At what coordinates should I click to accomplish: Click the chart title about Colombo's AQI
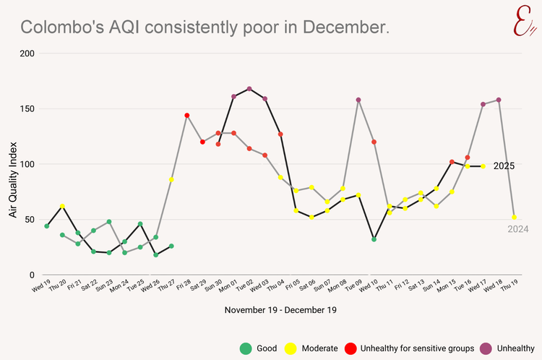[205, 27]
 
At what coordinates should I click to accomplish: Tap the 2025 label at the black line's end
[504, 166]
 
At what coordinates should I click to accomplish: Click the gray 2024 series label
[517, 229]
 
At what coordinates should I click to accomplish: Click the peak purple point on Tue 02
[249, 89]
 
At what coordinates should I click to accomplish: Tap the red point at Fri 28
[186, 116]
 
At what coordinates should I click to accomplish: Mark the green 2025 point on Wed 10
[374, 239]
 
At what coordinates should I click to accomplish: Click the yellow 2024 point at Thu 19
[515, 218]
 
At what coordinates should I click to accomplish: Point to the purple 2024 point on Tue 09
[358, 100]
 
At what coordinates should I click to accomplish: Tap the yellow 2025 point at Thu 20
[62, 206]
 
